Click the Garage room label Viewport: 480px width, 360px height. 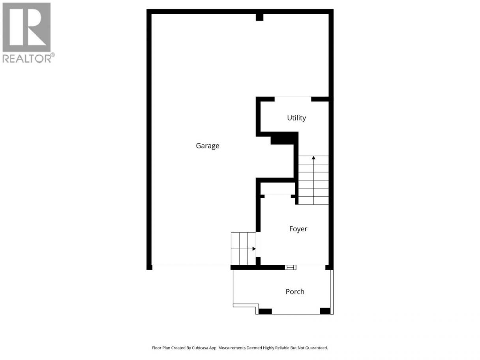click(207, 146)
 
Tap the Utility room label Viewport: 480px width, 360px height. click(296, 118)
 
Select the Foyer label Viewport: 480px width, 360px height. click(298, 229)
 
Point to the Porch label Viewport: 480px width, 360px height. click(295, 292)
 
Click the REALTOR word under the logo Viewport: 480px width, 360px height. click(27, 58)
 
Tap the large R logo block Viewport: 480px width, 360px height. click(26, 27)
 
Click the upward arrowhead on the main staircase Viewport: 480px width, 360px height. click(313, 157)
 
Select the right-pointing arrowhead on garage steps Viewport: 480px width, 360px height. click(254, 249)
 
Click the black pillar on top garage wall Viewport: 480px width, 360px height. click(259, 17)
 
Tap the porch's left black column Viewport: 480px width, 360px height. click(265, 311)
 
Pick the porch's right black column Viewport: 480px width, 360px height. click(325, 311)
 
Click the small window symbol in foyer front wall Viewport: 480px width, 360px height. click(291, 267)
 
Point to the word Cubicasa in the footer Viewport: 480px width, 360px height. click(200, 348)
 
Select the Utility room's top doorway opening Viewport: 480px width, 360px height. click(293, 99)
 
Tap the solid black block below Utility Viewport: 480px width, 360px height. click(282, 140)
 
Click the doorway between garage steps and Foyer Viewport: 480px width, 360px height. click(258, 245)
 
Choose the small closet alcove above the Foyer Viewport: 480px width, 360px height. click(277, 188)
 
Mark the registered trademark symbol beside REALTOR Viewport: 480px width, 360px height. click(53, 54)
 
